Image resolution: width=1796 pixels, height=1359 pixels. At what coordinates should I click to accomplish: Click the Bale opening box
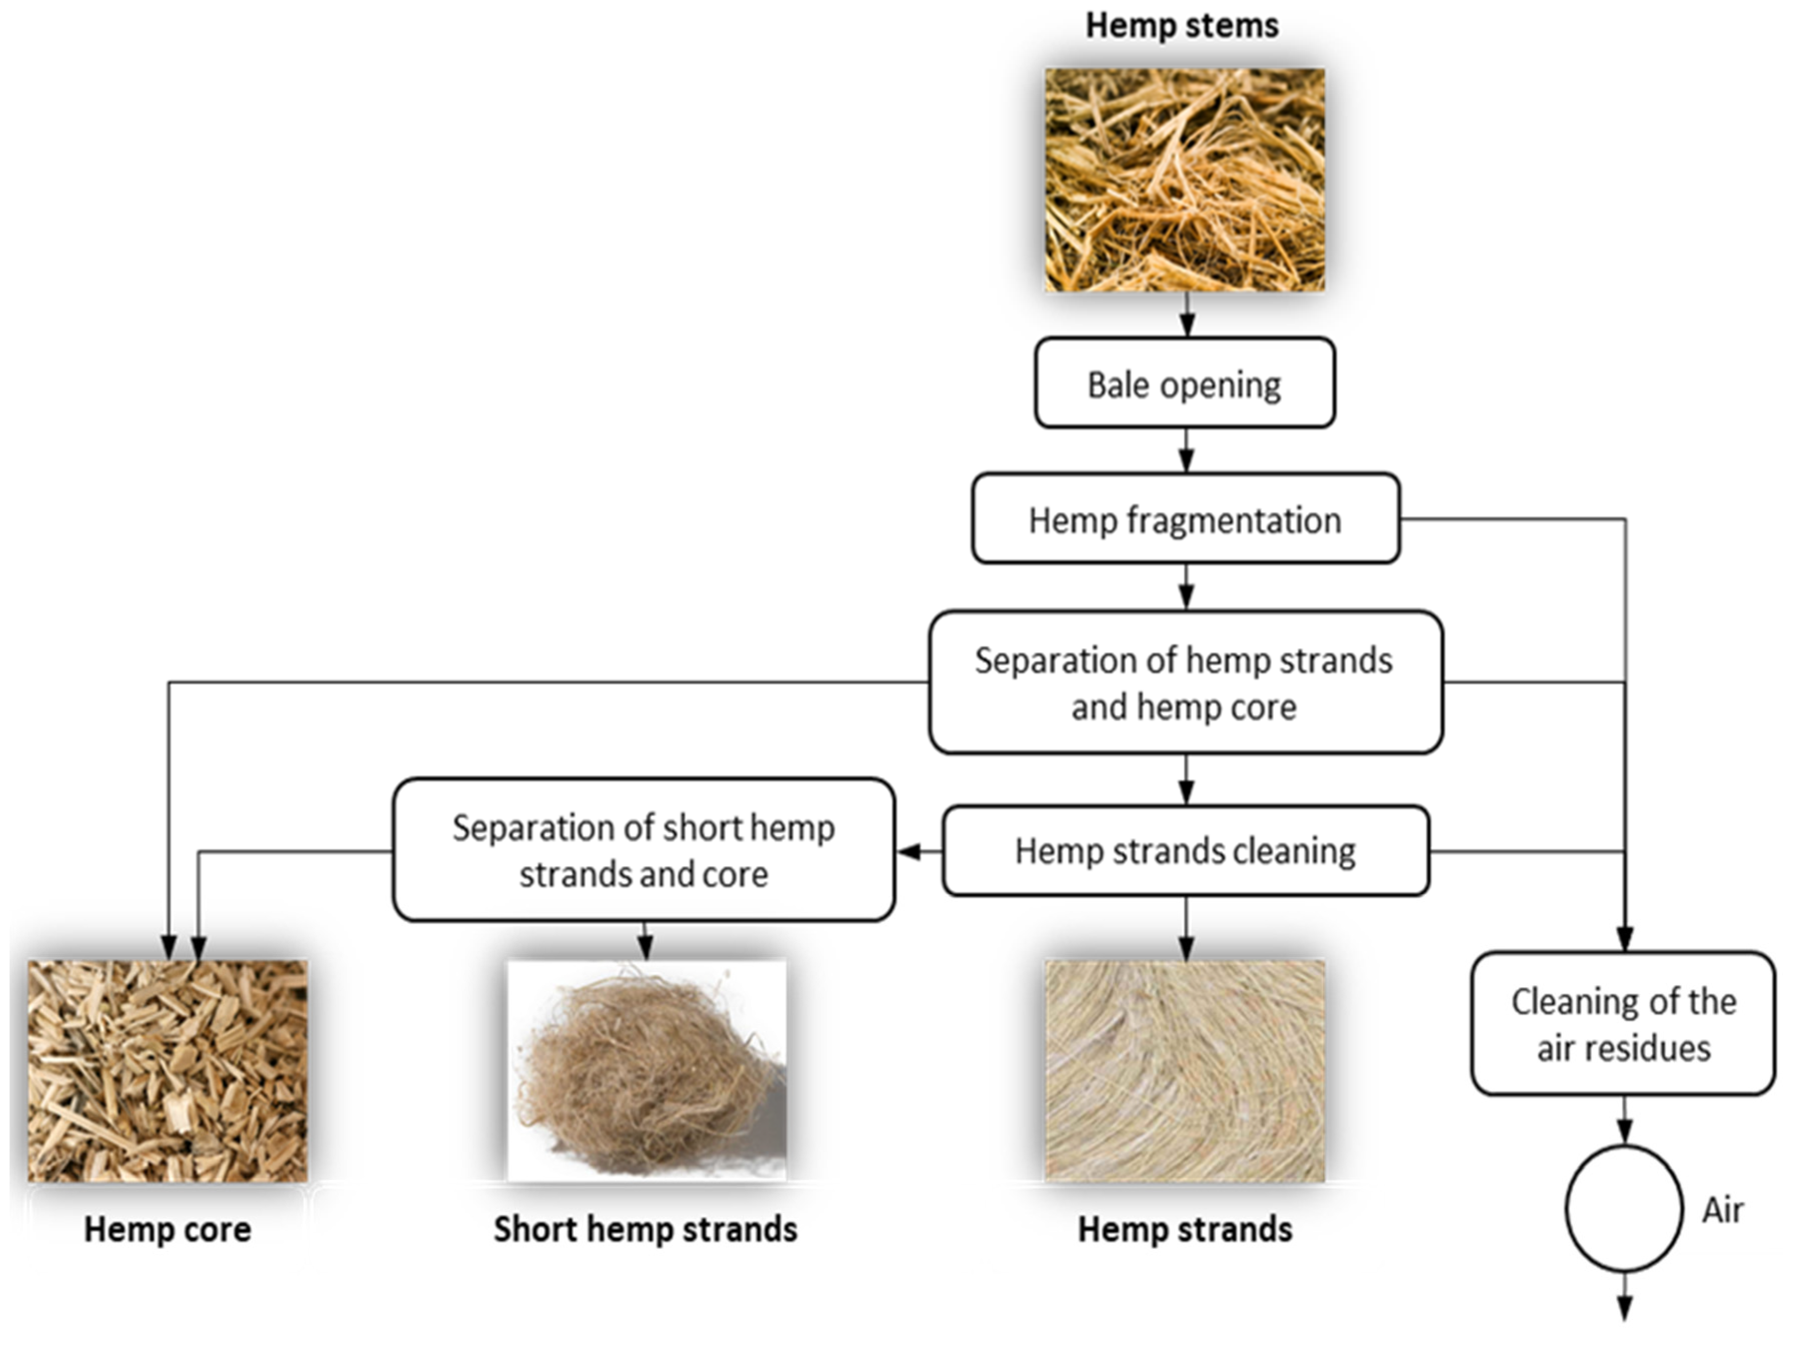point(1184,383)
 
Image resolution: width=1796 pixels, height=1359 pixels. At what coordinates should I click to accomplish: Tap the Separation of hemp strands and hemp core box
point(1184,683)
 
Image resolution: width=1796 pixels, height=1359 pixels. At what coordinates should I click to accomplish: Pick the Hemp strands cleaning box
point(1184,851)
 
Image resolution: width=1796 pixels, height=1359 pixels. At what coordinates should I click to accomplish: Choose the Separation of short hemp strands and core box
point(643,850)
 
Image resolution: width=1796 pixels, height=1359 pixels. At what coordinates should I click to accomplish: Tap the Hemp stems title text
point(1182,26)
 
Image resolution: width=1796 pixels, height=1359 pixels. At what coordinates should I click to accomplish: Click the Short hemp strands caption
point(645,1229)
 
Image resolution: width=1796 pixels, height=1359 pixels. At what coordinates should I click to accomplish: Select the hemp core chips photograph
point(167,1071)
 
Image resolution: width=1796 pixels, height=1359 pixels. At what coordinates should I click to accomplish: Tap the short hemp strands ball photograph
point(646,1071)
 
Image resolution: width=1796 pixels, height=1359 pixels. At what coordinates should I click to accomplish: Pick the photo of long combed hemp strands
point(1184,1071)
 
